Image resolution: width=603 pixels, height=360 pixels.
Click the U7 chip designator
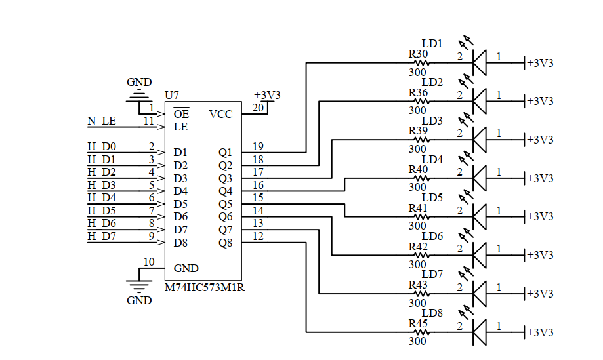(172, 95)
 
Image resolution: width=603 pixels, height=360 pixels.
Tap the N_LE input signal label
(101, 121)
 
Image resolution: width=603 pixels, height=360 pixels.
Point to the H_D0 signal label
(102, 146)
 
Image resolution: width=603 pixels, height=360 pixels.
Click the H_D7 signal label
(102, 236)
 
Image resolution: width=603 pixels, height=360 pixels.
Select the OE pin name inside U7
(181, 114)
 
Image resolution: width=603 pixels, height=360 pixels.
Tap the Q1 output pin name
(225, 152)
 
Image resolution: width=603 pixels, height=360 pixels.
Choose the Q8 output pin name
(225, 243)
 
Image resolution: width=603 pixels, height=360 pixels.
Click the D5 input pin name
(180, 204)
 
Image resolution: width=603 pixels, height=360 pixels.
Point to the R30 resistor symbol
(419, 64)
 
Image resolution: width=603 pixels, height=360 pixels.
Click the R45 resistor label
(418, 323)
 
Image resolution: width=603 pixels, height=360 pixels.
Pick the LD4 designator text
(432, 159)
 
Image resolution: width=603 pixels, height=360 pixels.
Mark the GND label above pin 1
(138, 83)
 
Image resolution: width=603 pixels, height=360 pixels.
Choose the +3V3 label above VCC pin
(267, 95)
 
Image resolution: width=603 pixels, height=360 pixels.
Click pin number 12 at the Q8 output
(258, 236)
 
